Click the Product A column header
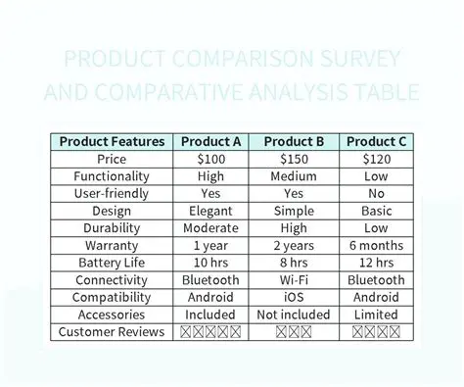click(x=210, y=141)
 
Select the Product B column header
click(x=294, y=141)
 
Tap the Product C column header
click(x=377, y=141)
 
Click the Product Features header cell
click(x=112, y=141)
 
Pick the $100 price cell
click(x=210, y=159)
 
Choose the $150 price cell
click(x=294, y=159)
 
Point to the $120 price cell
click(x=377, y=159)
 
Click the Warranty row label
click(x=112, y=246)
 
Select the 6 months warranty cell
click(x=377, y=246)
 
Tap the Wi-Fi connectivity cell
click(x=294, y=280)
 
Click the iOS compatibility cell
click(x=294, y=298)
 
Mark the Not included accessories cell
click(x=294, y=314)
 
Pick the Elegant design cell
click(x=210, y=211)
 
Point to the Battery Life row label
click(x=112, y=263)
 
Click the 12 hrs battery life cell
click(x=377, y=263)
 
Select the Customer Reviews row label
click(x=112, y=332)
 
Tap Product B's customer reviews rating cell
click(x=294, y=332)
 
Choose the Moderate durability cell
click(x=210, y=228)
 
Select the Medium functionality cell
click(x=294, y=176)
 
